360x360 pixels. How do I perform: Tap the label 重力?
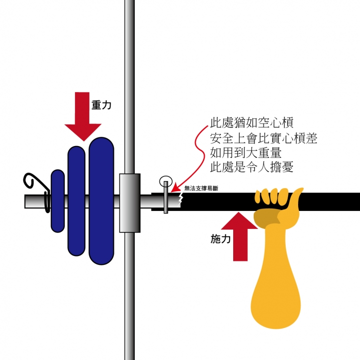coord(101,105)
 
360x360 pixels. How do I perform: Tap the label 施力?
coord(220,239)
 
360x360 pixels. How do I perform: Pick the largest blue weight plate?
coord(102,200)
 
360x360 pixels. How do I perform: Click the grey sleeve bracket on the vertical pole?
coord(129,202)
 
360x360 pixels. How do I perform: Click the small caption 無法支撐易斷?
coord(201,188)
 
